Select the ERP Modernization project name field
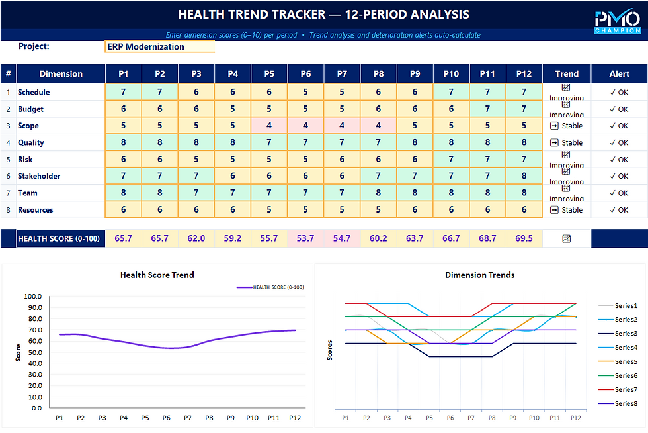pos(160,47)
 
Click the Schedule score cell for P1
pos(124,92)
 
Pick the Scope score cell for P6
pos(305,126)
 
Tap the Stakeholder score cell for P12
pos(524,176)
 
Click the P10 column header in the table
pos(451,74)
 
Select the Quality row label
pos(31,142)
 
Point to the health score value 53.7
pos(305,238)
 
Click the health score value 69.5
pos(524,238)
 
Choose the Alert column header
pos(619,74)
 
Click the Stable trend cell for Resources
pos(567,210)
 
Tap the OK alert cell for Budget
pos(619,109)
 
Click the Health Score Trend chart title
pos(157,275)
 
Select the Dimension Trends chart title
pos(479,275)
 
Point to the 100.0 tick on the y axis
pos(32,297)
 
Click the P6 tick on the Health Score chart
pos(166,418)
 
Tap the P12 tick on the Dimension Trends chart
pos(575,418)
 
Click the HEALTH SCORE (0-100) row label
pos(59,238)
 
